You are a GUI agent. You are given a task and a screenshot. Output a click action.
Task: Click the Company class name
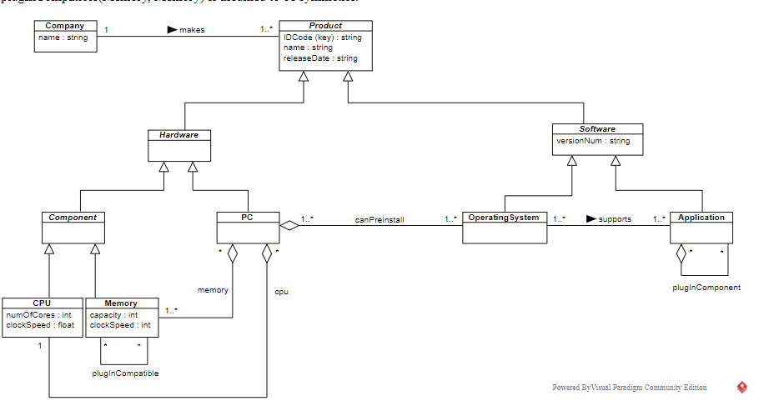point(64,26)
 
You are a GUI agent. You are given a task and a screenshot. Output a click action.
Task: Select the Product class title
point(325,26)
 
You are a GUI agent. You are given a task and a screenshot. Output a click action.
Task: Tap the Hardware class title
point(178,134)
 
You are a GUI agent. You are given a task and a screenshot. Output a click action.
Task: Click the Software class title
point(597,129)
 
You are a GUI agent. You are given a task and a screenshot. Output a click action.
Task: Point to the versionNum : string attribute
point(593,141)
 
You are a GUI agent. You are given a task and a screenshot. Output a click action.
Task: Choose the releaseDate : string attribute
point(320,58)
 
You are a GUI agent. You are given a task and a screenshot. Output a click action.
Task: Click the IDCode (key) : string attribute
point(322,38)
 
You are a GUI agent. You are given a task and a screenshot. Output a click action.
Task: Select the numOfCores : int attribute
point(38,315)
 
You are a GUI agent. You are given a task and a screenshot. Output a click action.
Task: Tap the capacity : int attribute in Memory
point(113,315)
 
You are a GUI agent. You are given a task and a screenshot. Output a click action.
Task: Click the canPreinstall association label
point(379,220)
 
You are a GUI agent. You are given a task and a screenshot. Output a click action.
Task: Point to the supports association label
point(615,219)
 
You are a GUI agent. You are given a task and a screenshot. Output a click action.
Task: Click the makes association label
point(192,30)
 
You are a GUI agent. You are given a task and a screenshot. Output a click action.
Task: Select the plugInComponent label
point(706,288)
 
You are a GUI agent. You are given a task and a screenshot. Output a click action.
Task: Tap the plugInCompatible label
point(125,373)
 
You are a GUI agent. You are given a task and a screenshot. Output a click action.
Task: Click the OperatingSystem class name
point(505,218)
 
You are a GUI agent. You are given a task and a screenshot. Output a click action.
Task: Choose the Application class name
point(701,218)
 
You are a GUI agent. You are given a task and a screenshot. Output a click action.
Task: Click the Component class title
point(73,218)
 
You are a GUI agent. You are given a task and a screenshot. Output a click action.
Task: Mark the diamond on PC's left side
point(289,224)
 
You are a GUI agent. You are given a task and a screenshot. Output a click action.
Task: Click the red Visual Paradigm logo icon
point(741,388)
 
